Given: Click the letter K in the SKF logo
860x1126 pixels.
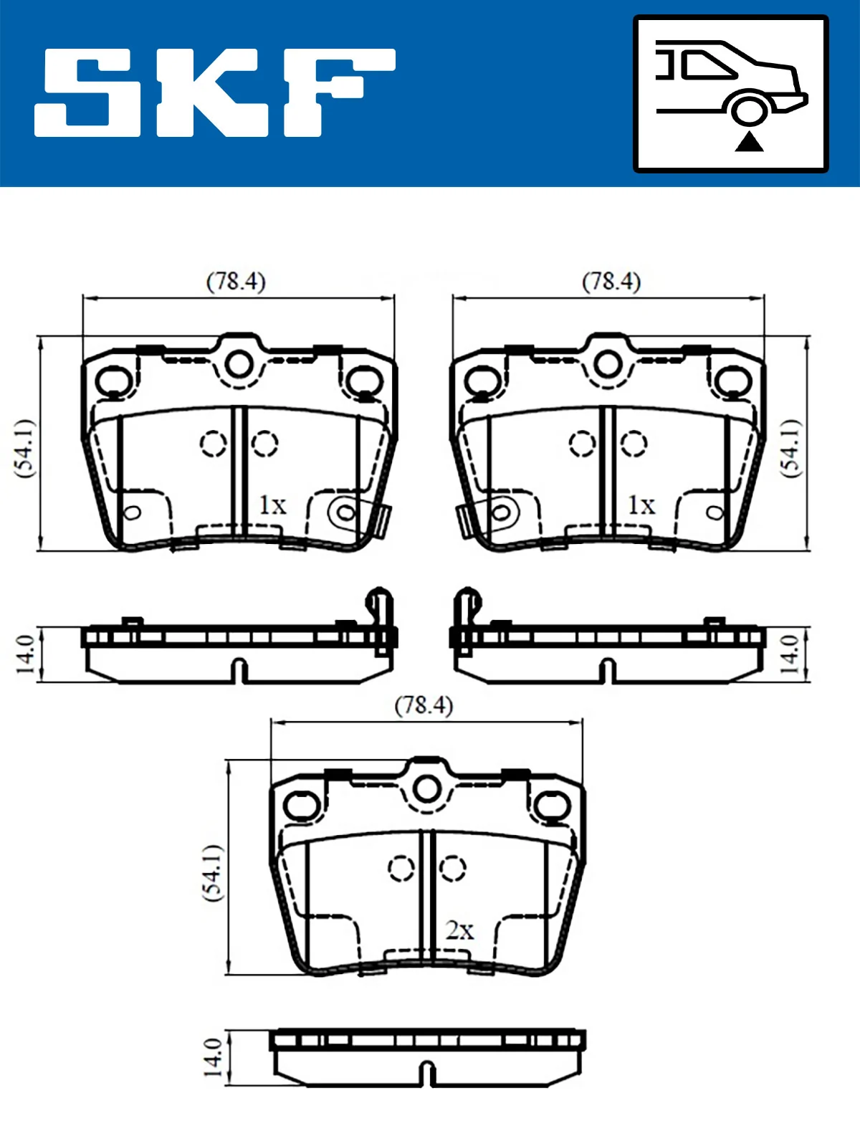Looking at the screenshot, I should [x=211, y=92].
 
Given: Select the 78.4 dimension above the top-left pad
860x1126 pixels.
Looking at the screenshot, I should [x=236, y=281].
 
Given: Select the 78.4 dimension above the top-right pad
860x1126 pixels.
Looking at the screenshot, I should [x=611, y=281].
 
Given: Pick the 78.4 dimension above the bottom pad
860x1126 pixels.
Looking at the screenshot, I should [x=424, y=705].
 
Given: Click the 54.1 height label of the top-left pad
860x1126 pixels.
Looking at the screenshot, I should [x=24, y=449].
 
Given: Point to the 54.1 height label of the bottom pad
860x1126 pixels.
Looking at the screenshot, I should [x=212, y=872].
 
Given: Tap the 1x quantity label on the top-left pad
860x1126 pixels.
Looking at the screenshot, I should [x=272, y=505].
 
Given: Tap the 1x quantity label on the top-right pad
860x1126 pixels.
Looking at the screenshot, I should [x=641, y=505].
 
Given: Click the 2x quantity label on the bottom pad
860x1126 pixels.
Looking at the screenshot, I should [x=459, y=930].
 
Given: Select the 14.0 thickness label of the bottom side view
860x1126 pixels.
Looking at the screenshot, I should [x=212, y=1056].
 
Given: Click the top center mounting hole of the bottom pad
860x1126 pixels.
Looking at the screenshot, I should [x=427, y=788].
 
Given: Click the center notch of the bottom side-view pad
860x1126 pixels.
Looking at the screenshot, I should [x=427, y=1074].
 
